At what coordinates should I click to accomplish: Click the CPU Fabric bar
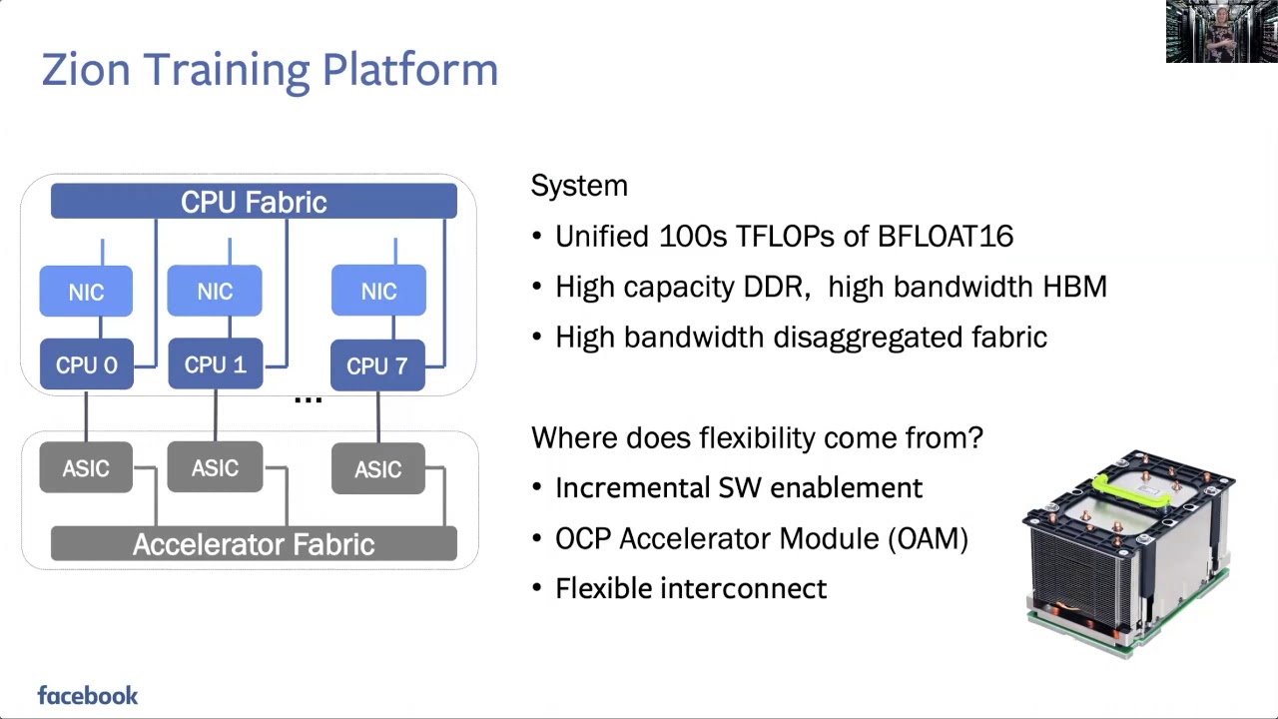coord(254,202)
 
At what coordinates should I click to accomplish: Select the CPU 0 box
coord(86,365)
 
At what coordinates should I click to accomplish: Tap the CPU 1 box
coord(215,364)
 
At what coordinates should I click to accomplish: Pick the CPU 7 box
coord(377,365)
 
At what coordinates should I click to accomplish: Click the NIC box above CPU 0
coord(86,292)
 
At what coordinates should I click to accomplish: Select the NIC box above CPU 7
coord(377,292)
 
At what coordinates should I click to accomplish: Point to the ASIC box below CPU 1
coord(215,468)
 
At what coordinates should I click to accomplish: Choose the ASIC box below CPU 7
coord(377,469)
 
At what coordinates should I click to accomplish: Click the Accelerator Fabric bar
coord(254,544)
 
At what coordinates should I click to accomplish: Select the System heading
coord(579,186)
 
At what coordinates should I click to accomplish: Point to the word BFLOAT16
coord(945,237)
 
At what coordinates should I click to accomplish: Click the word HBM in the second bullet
coord(1074,287)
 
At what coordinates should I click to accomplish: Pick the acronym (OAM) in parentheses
coord(928,538)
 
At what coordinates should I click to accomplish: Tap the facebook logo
coord(88,696)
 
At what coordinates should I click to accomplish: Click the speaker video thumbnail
coord(1221,32)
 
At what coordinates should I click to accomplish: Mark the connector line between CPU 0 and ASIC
coord(86,415)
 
